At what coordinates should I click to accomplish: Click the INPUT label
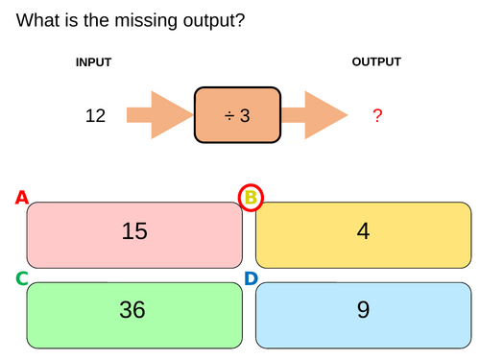94,62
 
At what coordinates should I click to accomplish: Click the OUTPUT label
376,62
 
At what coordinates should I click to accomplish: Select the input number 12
95,116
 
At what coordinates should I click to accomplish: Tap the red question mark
377,116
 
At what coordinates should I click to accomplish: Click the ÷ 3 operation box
237,116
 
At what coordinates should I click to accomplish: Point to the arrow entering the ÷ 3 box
158,116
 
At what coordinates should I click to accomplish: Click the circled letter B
251,199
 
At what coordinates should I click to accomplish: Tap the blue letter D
251,278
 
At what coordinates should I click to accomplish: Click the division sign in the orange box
229,116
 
